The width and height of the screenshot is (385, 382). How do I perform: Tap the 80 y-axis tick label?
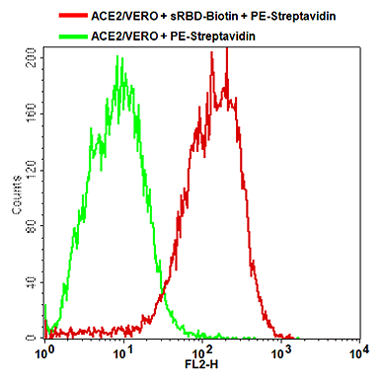click(32, 226)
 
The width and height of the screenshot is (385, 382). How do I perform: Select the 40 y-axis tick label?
click(32, 282)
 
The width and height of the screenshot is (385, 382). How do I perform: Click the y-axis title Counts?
click(17, 197)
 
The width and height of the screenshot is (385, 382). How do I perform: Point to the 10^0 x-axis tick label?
click(42, 351)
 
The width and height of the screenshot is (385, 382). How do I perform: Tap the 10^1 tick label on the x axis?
click(122, 351)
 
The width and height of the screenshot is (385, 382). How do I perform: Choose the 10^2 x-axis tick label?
click(201, 351)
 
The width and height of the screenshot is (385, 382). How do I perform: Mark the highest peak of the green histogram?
click(118, 56)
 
